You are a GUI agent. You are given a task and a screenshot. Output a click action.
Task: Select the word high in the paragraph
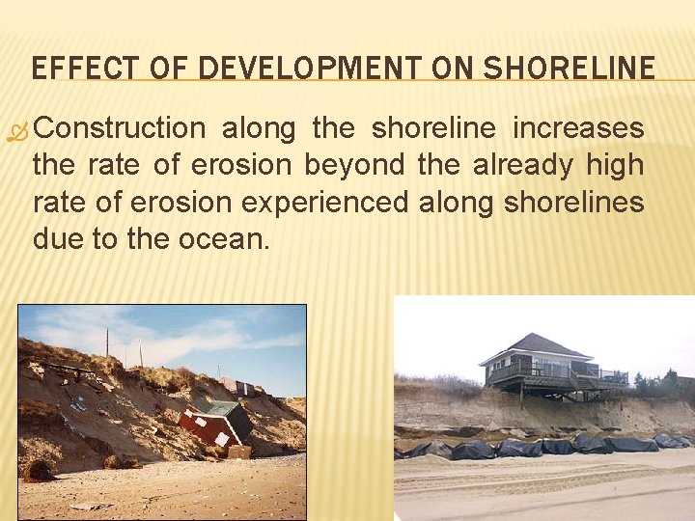(x=616, y=165)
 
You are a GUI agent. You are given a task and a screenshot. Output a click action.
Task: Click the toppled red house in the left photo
(x=213, y=425)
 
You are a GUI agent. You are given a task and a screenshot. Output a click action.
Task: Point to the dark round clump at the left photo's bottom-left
(x=39, y=471)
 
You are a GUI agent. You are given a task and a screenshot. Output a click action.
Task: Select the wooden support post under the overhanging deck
(x=521, y=395)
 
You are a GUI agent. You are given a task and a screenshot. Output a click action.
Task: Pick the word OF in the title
(x=160, y=68)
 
